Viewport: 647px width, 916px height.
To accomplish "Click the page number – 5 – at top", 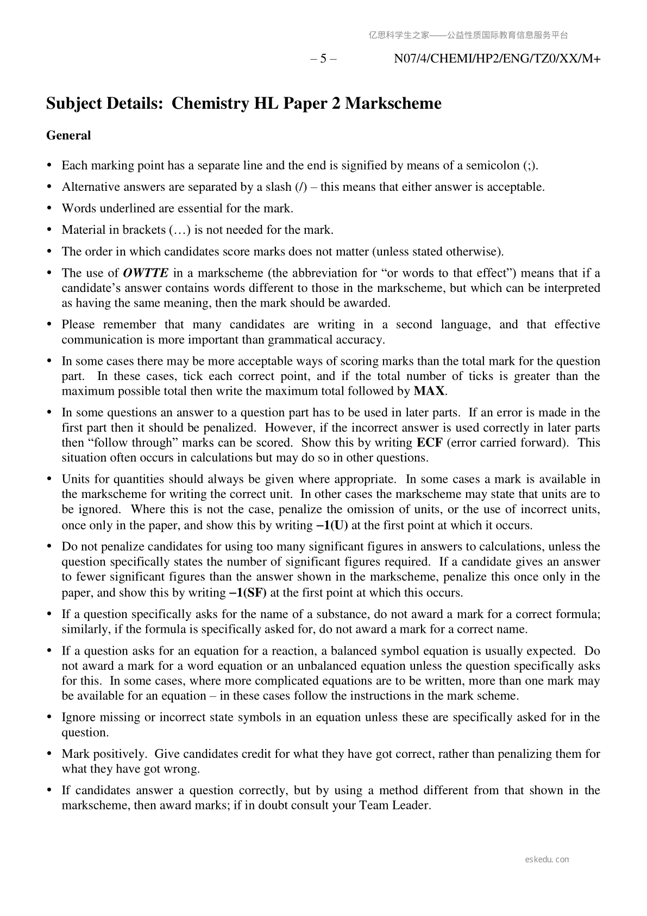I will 323,59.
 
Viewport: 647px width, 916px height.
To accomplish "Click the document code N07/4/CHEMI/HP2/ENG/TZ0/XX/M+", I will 497,59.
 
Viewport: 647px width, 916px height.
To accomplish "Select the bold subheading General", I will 68,135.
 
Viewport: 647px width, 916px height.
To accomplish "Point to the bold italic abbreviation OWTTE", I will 146,273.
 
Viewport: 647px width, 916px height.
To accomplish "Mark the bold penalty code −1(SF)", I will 248,593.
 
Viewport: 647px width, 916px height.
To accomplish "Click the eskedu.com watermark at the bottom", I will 547,859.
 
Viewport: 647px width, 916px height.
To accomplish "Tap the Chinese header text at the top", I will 468,35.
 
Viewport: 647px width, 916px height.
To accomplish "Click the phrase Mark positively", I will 104,753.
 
